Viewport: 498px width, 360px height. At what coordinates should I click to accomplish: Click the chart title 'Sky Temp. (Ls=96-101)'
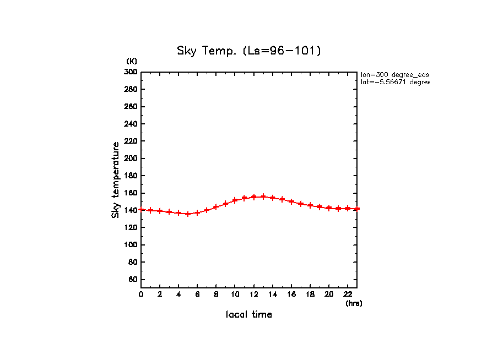248,51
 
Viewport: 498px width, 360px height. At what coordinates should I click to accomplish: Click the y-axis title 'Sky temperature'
116,179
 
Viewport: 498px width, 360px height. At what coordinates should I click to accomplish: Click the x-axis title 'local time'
248,315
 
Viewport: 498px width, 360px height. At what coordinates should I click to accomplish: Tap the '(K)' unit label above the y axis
132,61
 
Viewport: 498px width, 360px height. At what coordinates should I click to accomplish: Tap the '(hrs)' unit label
354,303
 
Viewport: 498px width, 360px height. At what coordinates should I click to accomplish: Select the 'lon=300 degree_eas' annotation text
394,74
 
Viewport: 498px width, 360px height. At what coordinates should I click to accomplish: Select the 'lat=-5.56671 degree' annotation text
394,82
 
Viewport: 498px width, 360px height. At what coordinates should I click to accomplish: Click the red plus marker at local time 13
263,197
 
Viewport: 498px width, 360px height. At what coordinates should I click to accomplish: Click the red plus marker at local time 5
188,214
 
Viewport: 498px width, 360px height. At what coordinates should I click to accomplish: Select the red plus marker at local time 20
329,208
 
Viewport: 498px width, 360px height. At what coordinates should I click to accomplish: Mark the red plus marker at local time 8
216,207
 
